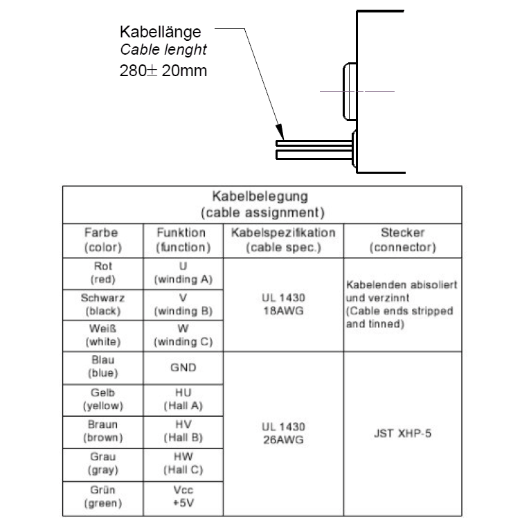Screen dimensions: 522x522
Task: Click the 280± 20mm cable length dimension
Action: (x=163, y=71)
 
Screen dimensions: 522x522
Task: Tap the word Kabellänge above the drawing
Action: (x=161, y=32)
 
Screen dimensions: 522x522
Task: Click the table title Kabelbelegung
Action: (x=262, y=196)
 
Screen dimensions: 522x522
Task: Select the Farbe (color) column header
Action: (x=103, y=240)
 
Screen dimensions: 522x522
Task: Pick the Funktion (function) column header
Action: (x=182, y=240)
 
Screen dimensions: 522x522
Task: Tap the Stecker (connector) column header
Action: (x=402, y=240)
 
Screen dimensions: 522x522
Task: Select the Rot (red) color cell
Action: (x=103, y=273)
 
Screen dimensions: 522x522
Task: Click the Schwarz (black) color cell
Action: (x=103, y=304)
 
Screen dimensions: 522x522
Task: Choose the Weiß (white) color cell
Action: (x=103, y=335)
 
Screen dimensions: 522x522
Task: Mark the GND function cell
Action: (x=182, y=368)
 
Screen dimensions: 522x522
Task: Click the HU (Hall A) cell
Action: (x=182, y=399)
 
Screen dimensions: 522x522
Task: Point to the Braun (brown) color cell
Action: (x=103, y=431)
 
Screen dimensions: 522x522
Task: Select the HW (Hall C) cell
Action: (x=182, y=463)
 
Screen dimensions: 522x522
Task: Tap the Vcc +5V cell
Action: (x=182, y=496)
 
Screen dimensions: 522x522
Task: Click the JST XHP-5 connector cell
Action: (x=402, y=433)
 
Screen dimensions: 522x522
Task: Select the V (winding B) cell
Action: (x=182, y=304)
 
